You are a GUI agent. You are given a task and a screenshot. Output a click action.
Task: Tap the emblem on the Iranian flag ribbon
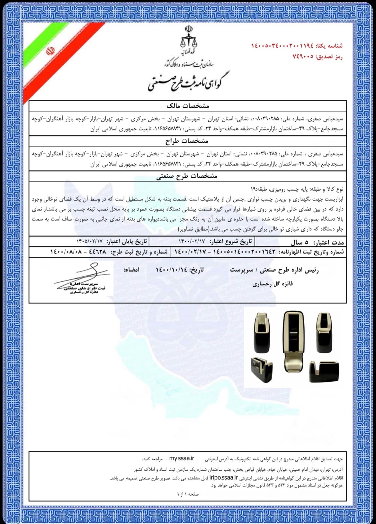pyautogui.click(x=50, y=51)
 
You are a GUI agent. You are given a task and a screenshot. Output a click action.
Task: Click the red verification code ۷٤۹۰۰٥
pyautogui.click(x=302, y=57)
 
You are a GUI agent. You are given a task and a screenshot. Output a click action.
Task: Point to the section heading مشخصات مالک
pyautogui.click(x=188, y=106)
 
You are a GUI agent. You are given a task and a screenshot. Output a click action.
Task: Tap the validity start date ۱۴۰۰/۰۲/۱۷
pyautogui.click(x=191, y=241)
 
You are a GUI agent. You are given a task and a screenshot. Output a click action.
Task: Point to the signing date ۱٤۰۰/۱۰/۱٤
pyautogui.click(x=171, y=270)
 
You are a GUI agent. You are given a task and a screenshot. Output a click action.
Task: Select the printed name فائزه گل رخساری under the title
pyautogui.click(x=273, y=284)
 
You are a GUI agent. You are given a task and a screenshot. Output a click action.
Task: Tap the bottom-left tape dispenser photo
pyautogui.click(x=262, y=369)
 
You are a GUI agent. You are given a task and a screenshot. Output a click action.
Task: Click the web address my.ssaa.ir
pyautogui.click(x=182, y=458)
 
